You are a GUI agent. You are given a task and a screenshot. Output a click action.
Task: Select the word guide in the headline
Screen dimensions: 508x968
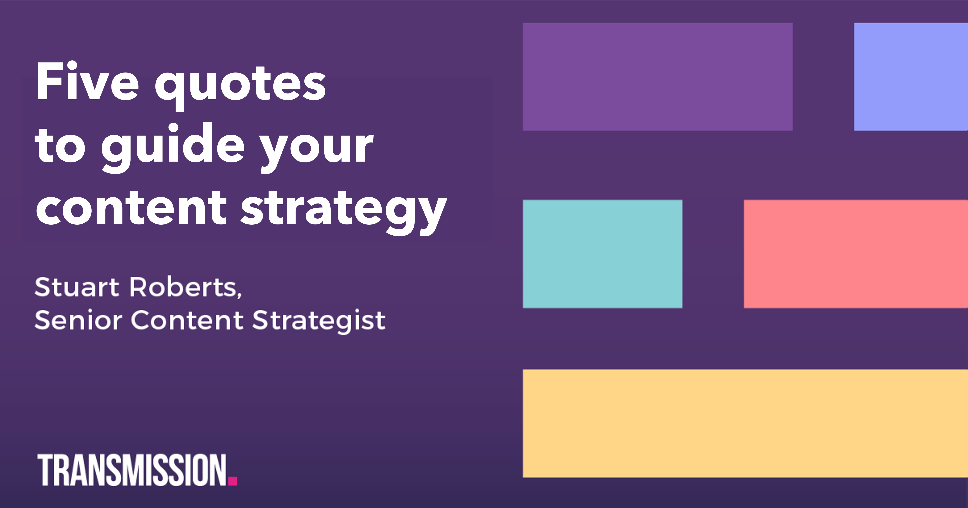click(173, 146)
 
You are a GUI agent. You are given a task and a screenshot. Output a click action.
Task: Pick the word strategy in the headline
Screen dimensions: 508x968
click(344, 210)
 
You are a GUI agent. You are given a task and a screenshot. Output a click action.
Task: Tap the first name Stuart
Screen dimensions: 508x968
click(77, 288)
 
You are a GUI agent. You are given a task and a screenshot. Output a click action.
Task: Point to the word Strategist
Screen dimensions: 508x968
click(319, 321)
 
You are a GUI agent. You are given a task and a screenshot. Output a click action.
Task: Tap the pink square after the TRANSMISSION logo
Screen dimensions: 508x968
click(233, 481)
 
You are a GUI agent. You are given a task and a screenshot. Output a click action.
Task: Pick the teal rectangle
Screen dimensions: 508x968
click(602, 254)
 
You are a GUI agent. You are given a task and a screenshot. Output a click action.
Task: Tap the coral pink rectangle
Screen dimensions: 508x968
click(856, 254)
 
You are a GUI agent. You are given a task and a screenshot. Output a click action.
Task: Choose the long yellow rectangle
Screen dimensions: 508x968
click(745, 424)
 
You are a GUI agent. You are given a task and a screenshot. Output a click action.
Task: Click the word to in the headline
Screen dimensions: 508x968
click(60, 146)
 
